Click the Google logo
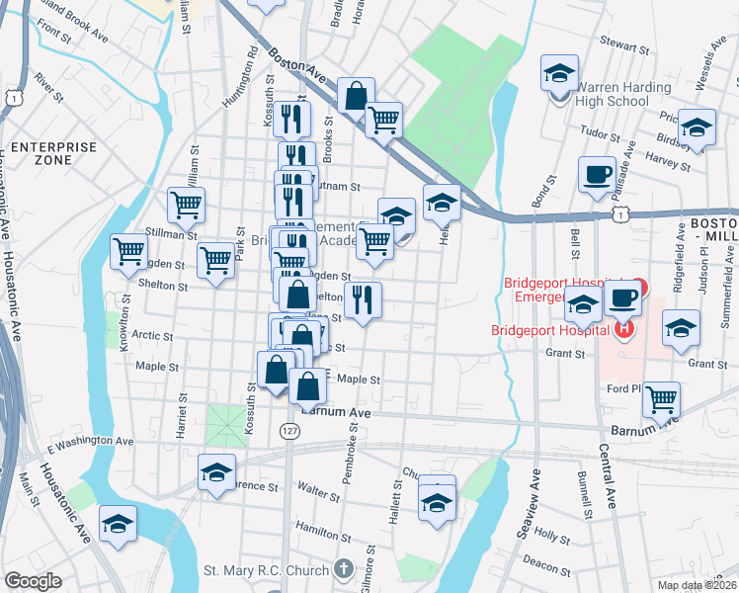click(x=33, y=581)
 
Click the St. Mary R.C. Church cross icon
click(x=343, y=568)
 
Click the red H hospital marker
click(x=623, y=329)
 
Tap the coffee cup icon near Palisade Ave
click(x=597, y=175)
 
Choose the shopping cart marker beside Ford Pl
click(x=661, y=399)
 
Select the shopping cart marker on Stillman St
click(x=185, y=205)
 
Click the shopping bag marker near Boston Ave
click(x=355, y=95)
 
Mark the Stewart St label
click(x=626, y=45)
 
